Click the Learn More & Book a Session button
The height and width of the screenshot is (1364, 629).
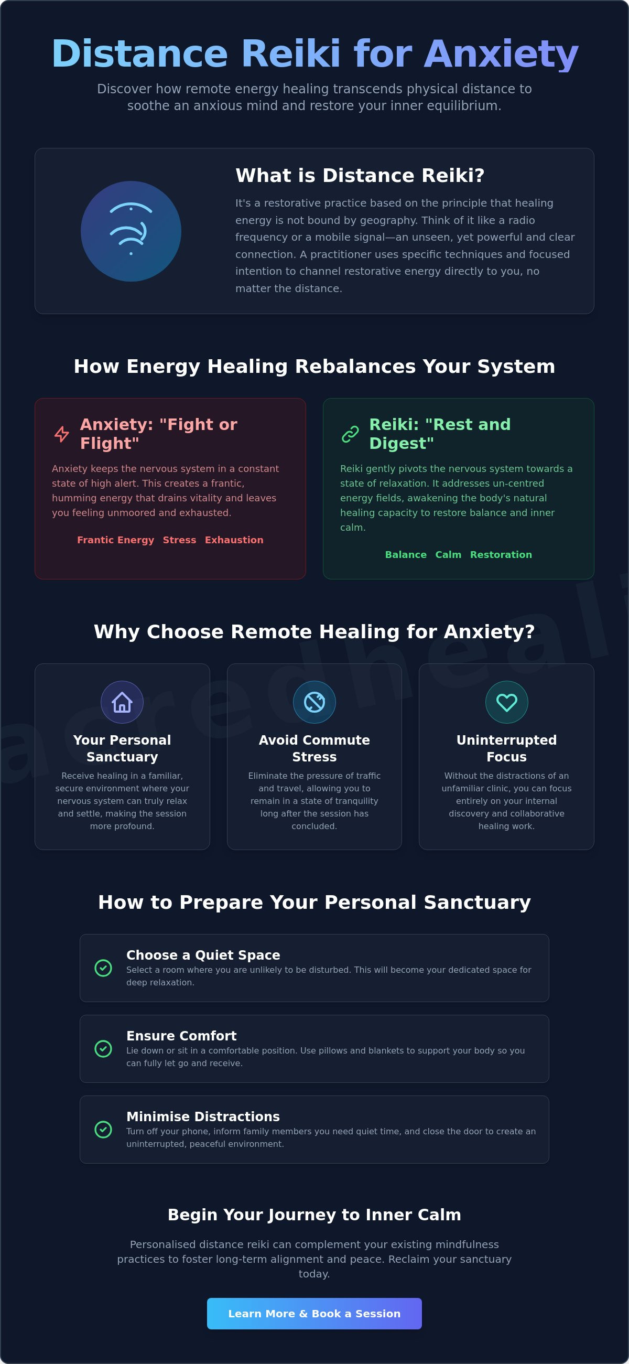pyautogui.click(x=314, y=1313)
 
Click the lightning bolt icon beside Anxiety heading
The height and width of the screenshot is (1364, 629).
pyautogui.click(x=62, y=434)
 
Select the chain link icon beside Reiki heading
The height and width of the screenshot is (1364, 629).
pyautogui.click(x=351, y=434)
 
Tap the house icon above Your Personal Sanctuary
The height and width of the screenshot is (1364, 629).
pyautogui.click(x=122, y=702)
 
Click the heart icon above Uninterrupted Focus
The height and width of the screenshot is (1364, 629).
pyautogui.click(x=507, y=702)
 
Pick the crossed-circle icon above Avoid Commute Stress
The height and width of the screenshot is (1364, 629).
pyautogui.click(x=314, y=702)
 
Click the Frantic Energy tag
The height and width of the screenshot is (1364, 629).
pyautogui.click(x=115, y=540)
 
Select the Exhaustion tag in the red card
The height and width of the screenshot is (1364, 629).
pyautogui.click(x=234, y=540)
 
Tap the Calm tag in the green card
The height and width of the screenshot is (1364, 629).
pyautogui.click(x=449, y=555)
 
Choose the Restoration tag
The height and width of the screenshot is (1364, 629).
pyautogui.click(x=501, y=555)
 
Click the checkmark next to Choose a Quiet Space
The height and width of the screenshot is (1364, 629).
pyautogui.click(x=103, y=968)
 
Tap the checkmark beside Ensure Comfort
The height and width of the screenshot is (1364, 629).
pyautogui.click(x=103, y=1048)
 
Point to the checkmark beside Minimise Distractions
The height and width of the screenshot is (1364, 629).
pyautogui.click(x=103, y=1130)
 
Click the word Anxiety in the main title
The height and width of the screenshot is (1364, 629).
pyautogui.click(x=501, y=55)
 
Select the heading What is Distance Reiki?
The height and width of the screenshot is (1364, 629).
pyautogui.click(x=360, y=175)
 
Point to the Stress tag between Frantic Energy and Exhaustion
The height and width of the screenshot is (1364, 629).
pyautogui.click(x=179, y=540)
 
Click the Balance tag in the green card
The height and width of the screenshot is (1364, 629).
pyautogui.click(x=406, y=555)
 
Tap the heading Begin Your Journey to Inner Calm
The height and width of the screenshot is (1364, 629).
pyautogui.click(x=314, y=1215)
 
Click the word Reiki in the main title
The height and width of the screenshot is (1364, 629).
pyautogui.click(x=291, y=54)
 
